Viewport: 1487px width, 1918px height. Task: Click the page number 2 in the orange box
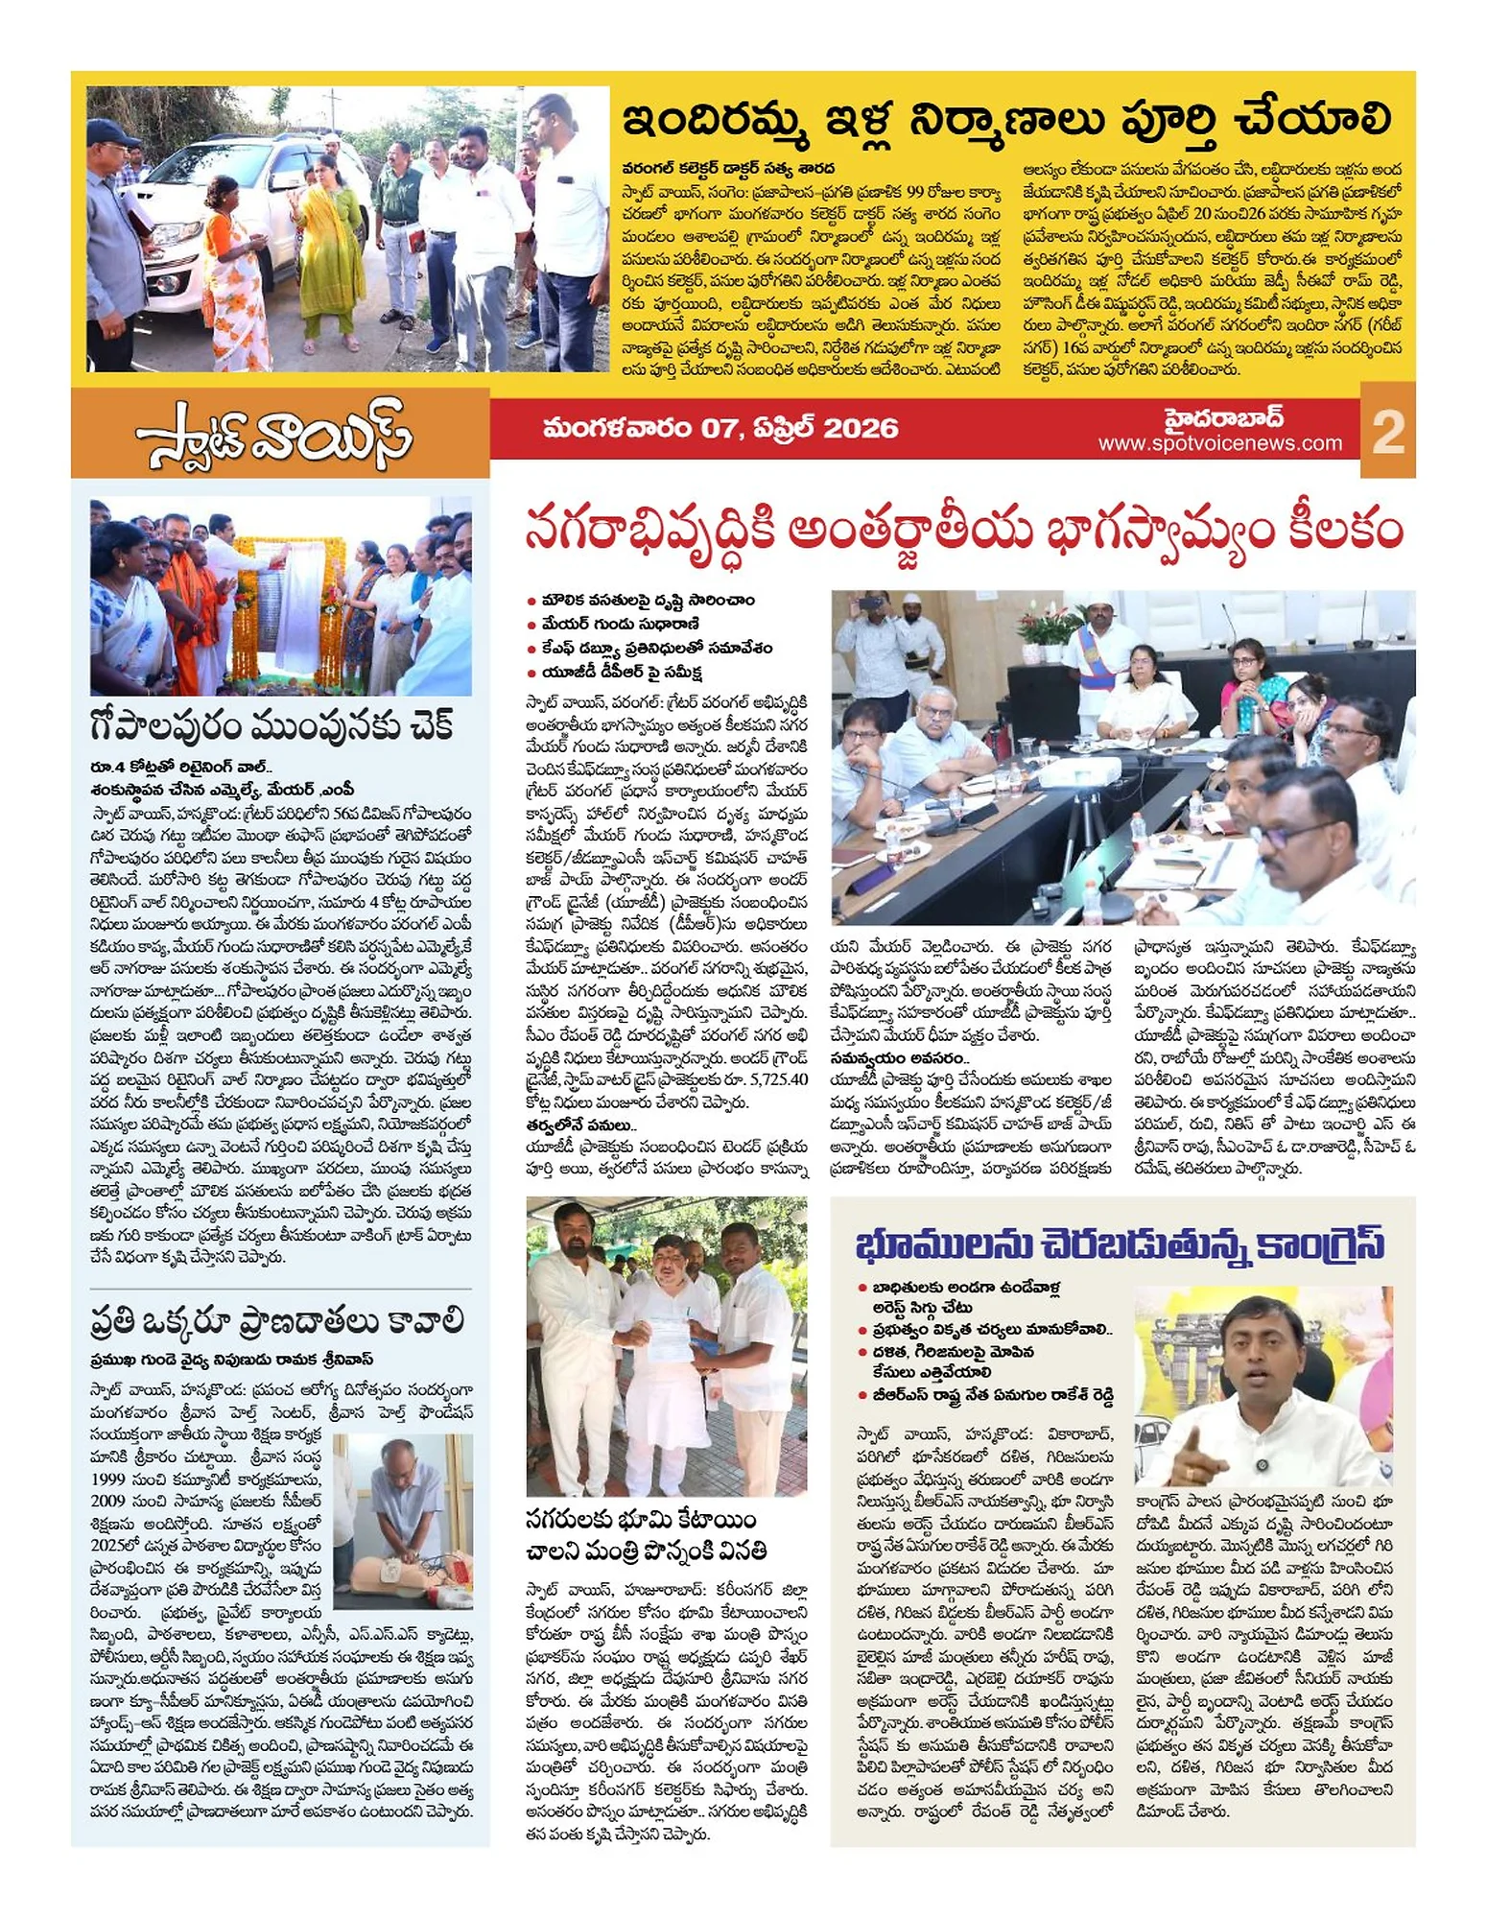(x=1387, y=431)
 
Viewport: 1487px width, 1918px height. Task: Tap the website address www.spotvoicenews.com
(x=1219, y=443)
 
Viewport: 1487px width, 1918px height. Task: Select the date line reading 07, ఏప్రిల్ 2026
(x=720, y=428)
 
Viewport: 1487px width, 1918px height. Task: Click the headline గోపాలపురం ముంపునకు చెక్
(x=271, y=726)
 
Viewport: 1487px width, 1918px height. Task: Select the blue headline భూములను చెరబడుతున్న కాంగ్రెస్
(x=1121, y=1243)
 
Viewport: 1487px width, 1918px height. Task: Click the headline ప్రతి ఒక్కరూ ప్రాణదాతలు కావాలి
(x=277, y=1320)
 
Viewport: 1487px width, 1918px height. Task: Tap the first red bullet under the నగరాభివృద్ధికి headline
(x=531, y=601)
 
